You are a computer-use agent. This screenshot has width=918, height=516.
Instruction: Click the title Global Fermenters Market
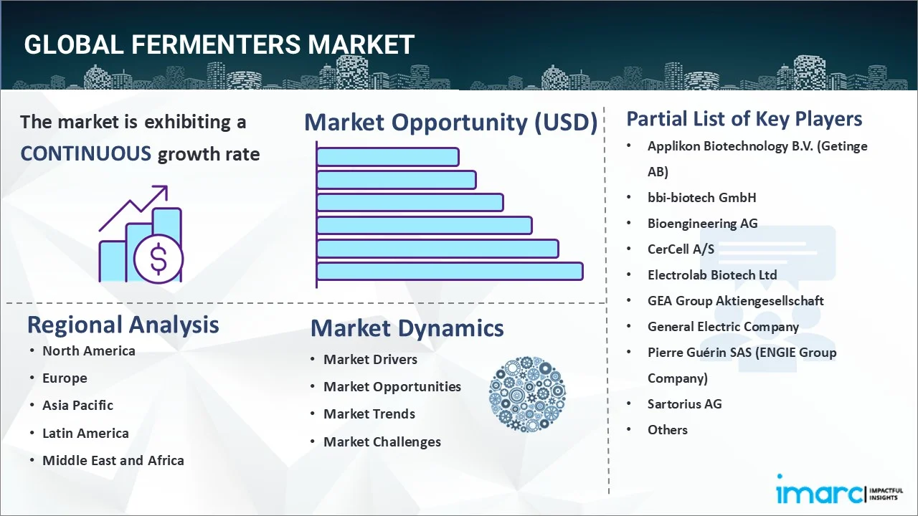coord(219,44)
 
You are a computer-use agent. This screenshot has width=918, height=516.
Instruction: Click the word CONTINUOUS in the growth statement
coord(85,153)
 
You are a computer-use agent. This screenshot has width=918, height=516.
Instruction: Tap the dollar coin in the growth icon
coord(158,260)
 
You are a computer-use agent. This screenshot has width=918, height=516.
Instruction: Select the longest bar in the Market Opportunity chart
coord(450,272)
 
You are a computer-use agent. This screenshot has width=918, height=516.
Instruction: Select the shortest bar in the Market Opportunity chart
coord(387,156)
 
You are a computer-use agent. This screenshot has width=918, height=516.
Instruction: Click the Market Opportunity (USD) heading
coord(450,123)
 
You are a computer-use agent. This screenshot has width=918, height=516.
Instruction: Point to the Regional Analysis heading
coord(123,325)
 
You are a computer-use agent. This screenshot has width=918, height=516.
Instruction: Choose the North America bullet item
coord(88,350)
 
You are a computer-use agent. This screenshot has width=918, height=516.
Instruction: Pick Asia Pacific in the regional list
coord(77,406)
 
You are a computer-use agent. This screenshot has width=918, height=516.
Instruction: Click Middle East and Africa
coord(113,461)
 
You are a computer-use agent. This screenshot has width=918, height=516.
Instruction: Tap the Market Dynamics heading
coord(407,328)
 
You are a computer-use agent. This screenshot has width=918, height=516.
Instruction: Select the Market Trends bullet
coord(369,414)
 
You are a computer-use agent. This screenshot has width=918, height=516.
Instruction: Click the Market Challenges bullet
coord(382,442)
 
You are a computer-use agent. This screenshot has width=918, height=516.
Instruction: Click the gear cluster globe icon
coord(527,394)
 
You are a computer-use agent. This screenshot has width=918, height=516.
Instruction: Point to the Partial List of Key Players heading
coord(744,118)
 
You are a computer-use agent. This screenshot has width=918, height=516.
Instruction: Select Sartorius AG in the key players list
coord(684,404)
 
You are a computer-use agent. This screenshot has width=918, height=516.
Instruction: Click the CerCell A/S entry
coord(681,249)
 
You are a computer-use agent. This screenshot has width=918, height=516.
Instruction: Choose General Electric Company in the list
coord(723,327)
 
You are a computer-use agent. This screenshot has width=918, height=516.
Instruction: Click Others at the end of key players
coord(667,430)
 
